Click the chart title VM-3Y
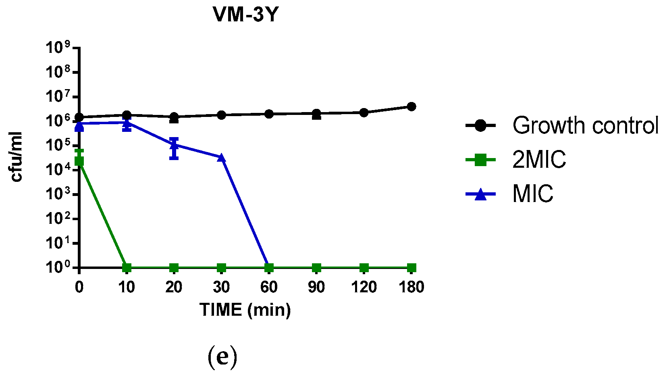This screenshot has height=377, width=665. pyautogui.click(x=245, y=15)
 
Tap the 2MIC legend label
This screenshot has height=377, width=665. pyautogui.click(x=539, y=160)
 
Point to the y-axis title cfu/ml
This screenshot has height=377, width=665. pyautogui.click(x=16, y=157)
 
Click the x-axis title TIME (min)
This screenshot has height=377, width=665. pyautogui.click(x=245, y=310)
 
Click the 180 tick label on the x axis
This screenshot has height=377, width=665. pyautogui.click(x=411, y=287)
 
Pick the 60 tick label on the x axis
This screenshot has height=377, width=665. pyautogui.click(x=269, y=287)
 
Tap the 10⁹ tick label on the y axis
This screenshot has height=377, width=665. pyautogui.click(x=58, y=48)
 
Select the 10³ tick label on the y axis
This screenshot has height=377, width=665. pyautogui.click(x=58, y=194)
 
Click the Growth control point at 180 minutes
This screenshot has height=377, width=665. pyautogui.click(x=411, y=106)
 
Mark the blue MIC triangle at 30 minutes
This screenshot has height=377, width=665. pyautogui.click(x=221, y=158)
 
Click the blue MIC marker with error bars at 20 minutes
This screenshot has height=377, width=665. pyautogui.click(x=174, y=145)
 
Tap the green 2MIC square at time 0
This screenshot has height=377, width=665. pyautogui.click(x=79, y=161)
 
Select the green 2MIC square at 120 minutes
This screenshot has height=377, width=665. pyautogui.click(x=364, y=268)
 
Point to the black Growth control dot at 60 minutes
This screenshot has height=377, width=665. pyautogui.click(x=269, y=114)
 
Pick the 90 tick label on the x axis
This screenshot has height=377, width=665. pyautogui.click(x=316, y=287)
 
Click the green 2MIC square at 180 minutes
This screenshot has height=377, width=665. pyautogui.click(x=411, y=268)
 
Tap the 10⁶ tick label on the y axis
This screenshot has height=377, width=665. pyautogui.click(x=58, y=121)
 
